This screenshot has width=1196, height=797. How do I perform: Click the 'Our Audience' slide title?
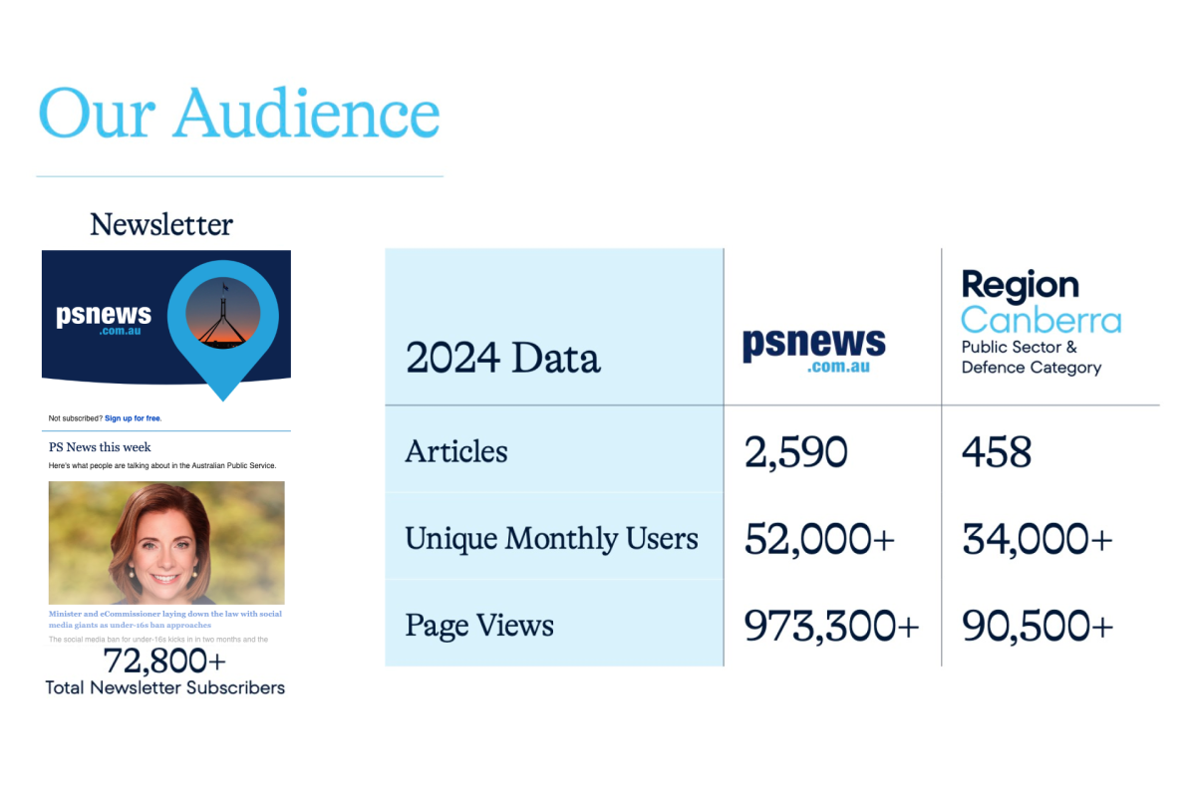pyautogui.click(x=239, y=113)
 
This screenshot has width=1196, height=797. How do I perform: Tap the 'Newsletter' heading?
pyautogui.click(x=161, y=225)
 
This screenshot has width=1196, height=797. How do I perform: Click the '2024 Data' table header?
pyautogui.click(x=502, y=358)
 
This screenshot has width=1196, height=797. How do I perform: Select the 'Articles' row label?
pyautogui.click(x=455, y=451)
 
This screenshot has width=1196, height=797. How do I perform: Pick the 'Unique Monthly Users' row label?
pyautogui.click(x=551, y=539)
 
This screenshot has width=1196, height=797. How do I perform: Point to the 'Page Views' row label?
pyautogui.click(x=479, y=626)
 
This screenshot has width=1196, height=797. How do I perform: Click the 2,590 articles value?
pyautogui.click(x=795, y=452)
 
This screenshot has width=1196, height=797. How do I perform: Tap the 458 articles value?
pyautogui.click(x=997, y=452)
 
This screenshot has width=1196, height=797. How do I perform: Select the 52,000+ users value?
pyautogui.click(x=819, y=539)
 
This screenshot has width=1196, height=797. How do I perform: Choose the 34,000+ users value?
pyautogui.click(x=1037, y=539)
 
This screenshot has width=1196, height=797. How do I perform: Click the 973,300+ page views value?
pyautogui.click(x=831, y=626)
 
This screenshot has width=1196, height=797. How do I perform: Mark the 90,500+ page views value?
pyautogui.click(x=1037, y=626)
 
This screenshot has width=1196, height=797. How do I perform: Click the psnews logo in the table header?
pyautogui.click(x=813, y=350)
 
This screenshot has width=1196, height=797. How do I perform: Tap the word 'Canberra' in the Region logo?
pyautogui.click(x=1041, y=321)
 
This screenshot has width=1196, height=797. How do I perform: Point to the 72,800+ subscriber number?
pyautogui.click(x=164, y=661)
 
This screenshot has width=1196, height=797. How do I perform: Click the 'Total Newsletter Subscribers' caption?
pyautogui.click(x=164, y=687)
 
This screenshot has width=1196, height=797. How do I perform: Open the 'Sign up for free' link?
pyautogui.click(x=133, y=418)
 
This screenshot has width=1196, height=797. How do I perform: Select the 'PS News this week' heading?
pyautogui.click(x=100, y=447)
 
